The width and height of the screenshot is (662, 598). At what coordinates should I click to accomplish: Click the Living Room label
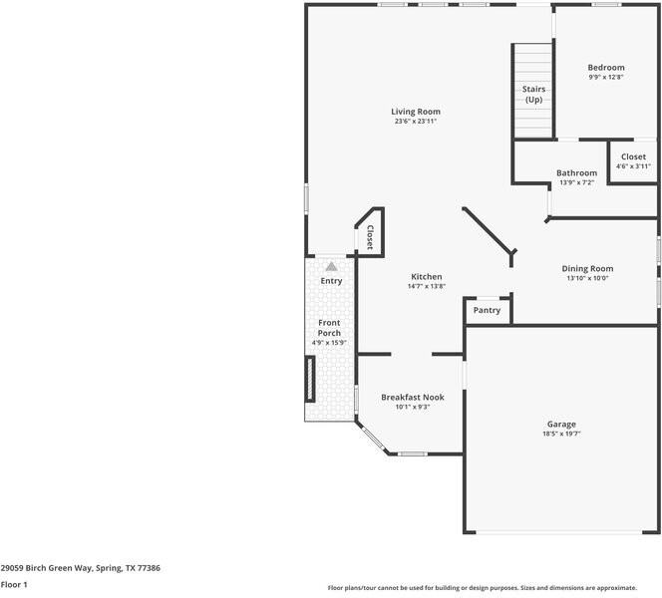415,112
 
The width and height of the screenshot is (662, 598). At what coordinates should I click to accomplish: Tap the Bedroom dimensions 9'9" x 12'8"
606,77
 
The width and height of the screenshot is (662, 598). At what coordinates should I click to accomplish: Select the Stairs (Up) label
533,94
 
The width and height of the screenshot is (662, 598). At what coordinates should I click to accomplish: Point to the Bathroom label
576,172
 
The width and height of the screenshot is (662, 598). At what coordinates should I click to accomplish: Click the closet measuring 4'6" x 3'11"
633,161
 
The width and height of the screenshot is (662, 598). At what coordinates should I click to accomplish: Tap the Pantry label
487,310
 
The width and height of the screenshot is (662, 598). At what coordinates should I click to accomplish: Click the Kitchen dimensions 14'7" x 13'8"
426,286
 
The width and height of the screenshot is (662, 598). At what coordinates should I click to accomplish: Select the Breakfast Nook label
412,397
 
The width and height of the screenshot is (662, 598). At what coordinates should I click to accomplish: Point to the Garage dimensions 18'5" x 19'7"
561,433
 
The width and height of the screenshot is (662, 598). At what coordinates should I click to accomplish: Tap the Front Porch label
329,328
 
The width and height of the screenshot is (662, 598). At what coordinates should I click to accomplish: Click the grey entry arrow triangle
331,266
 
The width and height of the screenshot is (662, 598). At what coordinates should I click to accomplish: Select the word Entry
331,281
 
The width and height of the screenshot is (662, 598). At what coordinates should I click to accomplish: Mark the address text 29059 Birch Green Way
46,567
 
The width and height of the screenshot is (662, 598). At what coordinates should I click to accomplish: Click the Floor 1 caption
14,584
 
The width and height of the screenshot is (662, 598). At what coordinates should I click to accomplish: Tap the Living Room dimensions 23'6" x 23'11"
415,122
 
